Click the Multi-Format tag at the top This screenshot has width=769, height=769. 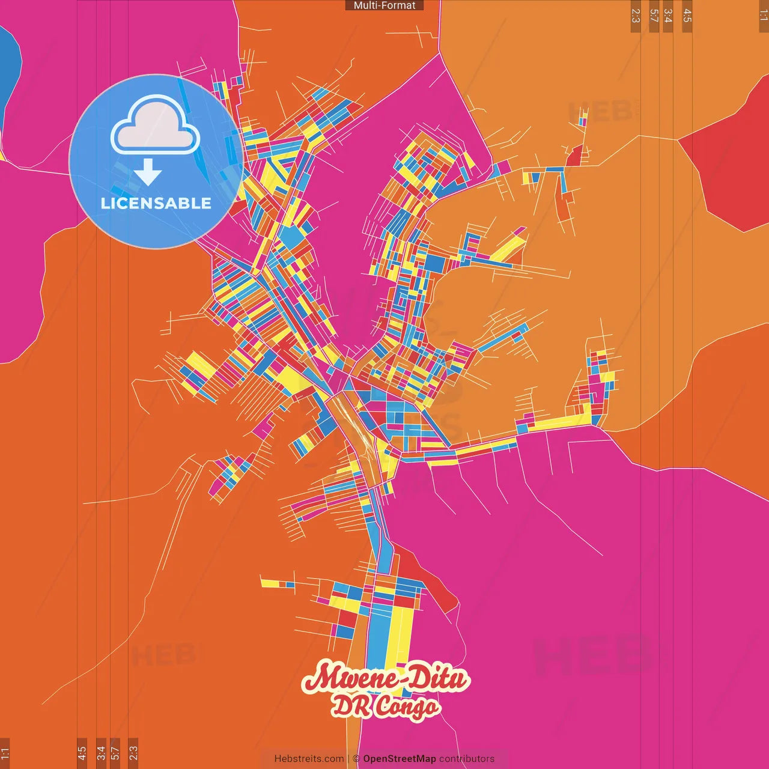point(384,5)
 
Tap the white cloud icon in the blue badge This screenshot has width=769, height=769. point(156,128)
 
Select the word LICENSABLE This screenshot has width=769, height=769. point(156,203)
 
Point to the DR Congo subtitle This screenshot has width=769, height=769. point(386,707)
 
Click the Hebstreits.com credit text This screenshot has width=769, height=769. point(309,759)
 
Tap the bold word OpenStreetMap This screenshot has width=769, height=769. point(400,759)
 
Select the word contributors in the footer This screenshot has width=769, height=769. point(467,759)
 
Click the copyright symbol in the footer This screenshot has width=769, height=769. point(356,759)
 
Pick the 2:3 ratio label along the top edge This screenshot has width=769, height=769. point(636,16)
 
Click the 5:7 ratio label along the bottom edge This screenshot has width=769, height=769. point(115,752)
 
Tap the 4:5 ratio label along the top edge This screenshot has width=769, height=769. point(687,16)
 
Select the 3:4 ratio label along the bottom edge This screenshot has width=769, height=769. point(101,752)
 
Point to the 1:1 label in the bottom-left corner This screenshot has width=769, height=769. point(5,752)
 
